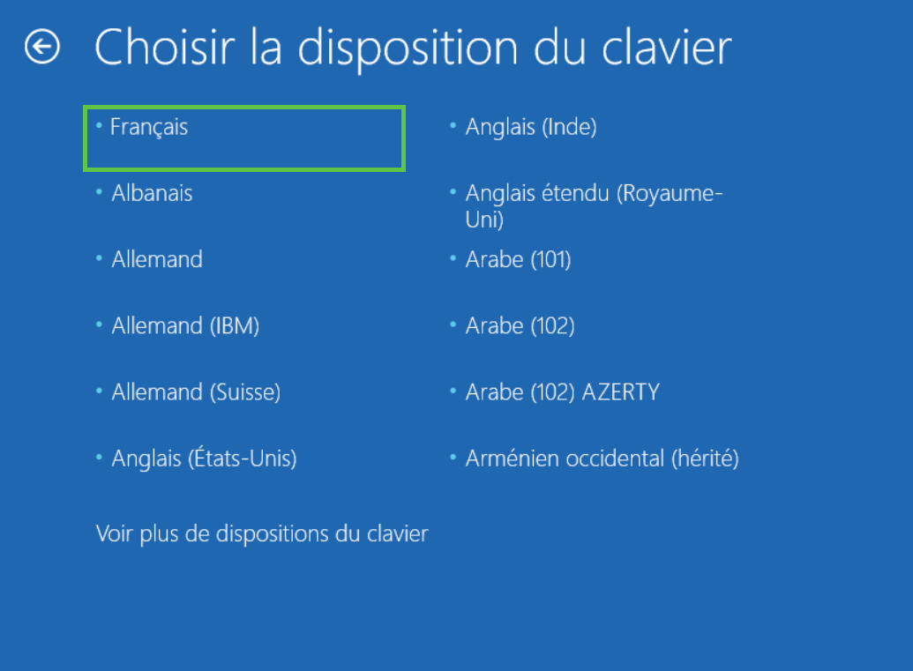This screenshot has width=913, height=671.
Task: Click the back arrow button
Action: point(42,47)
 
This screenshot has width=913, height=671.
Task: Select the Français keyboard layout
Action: point(149,127)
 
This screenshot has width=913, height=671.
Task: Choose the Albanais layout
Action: point(152,193)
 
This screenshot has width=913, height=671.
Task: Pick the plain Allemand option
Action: point(157,259)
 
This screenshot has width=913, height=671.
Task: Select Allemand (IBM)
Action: point(185,326)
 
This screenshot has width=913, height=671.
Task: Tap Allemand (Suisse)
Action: point(196,392)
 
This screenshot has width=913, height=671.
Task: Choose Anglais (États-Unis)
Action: point(205,458)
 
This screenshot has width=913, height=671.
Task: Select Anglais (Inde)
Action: point(531,127)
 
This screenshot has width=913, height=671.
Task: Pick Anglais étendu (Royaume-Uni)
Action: point(594,206)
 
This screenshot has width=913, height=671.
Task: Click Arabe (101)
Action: point(518,259)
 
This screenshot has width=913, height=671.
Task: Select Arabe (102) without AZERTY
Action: point(520,326)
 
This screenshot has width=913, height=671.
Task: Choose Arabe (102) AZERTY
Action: point(563,392)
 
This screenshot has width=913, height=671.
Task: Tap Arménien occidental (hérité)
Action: point(602,459)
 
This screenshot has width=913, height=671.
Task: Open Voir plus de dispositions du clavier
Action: point(262,533)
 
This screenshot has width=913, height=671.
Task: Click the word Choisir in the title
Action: point(165,47)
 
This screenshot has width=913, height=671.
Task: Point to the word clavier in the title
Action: point(667,47)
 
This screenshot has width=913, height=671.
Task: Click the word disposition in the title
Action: point(408,50)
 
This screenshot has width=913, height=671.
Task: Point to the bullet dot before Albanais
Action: point(99,191)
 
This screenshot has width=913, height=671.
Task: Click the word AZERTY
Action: point(621,392)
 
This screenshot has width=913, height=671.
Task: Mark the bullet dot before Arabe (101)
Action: point(453,257)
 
